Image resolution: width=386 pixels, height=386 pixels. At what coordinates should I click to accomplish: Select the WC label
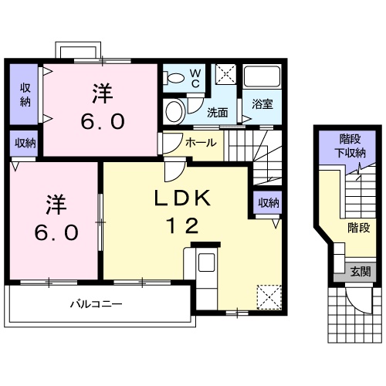[x=195, y=78]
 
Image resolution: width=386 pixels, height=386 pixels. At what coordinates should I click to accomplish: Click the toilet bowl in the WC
[x=174, y=76]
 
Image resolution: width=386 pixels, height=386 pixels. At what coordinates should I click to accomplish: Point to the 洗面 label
[x=217, y=113]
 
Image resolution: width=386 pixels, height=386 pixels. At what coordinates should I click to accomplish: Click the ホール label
[x=201, y=143]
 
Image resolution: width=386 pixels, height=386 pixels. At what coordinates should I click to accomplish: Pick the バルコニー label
[x=96, y=303]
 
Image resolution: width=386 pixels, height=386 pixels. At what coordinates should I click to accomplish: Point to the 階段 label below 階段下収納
[x=358, y=228]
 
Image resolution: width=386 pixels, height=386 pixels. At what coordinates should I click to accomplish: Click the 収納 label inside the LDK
[x=268, y=202]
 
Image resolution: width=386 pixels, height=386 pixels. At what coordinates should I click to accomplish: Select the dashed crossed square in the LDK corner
[x=268, y=296]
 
